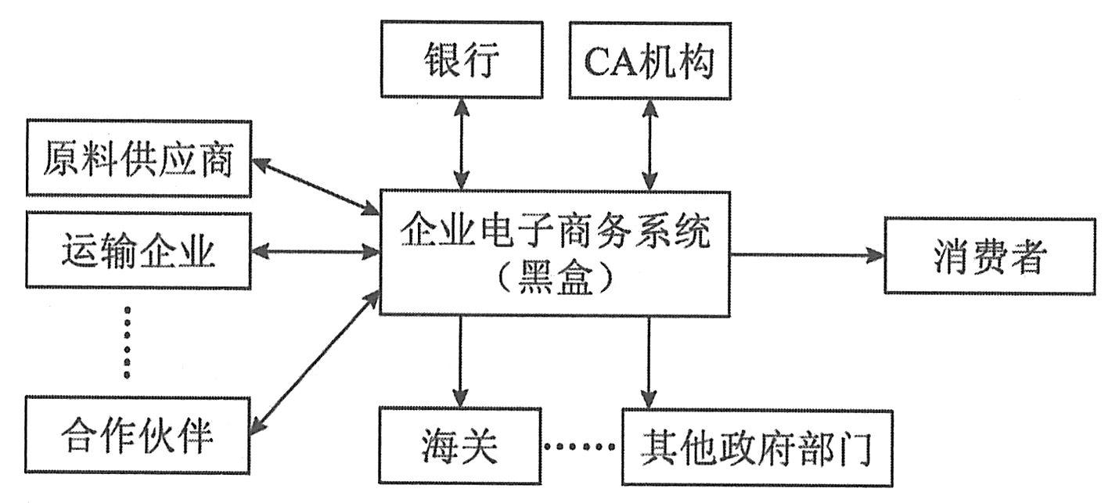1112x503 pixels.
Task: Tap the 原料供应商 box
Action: (139, 157)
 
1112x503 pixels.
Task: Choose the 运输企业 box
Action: (139, 253)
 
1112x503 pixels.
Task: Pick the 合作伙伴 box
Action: (139, 434)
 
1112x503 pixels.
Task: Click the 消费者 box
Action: (989, 256)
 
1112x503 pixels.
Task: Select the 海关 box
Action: (459, 447)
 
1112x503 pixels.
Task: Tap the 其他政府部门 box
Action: (757, 447)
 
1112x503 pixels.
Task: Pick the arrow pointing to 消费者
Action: (806, 255)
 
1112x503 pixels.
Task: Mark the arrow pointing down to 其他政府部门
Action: (649, 360)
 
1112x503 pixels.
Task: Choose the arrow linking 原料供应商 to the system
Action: (315, 186)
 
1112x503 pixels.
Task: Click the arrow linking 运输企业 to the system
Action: (315, 252)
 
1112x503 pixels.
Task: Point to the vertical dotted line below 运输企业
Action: (128, 343)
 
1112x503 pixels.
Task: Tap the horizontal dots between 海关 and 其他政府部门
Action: (579, 447)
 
